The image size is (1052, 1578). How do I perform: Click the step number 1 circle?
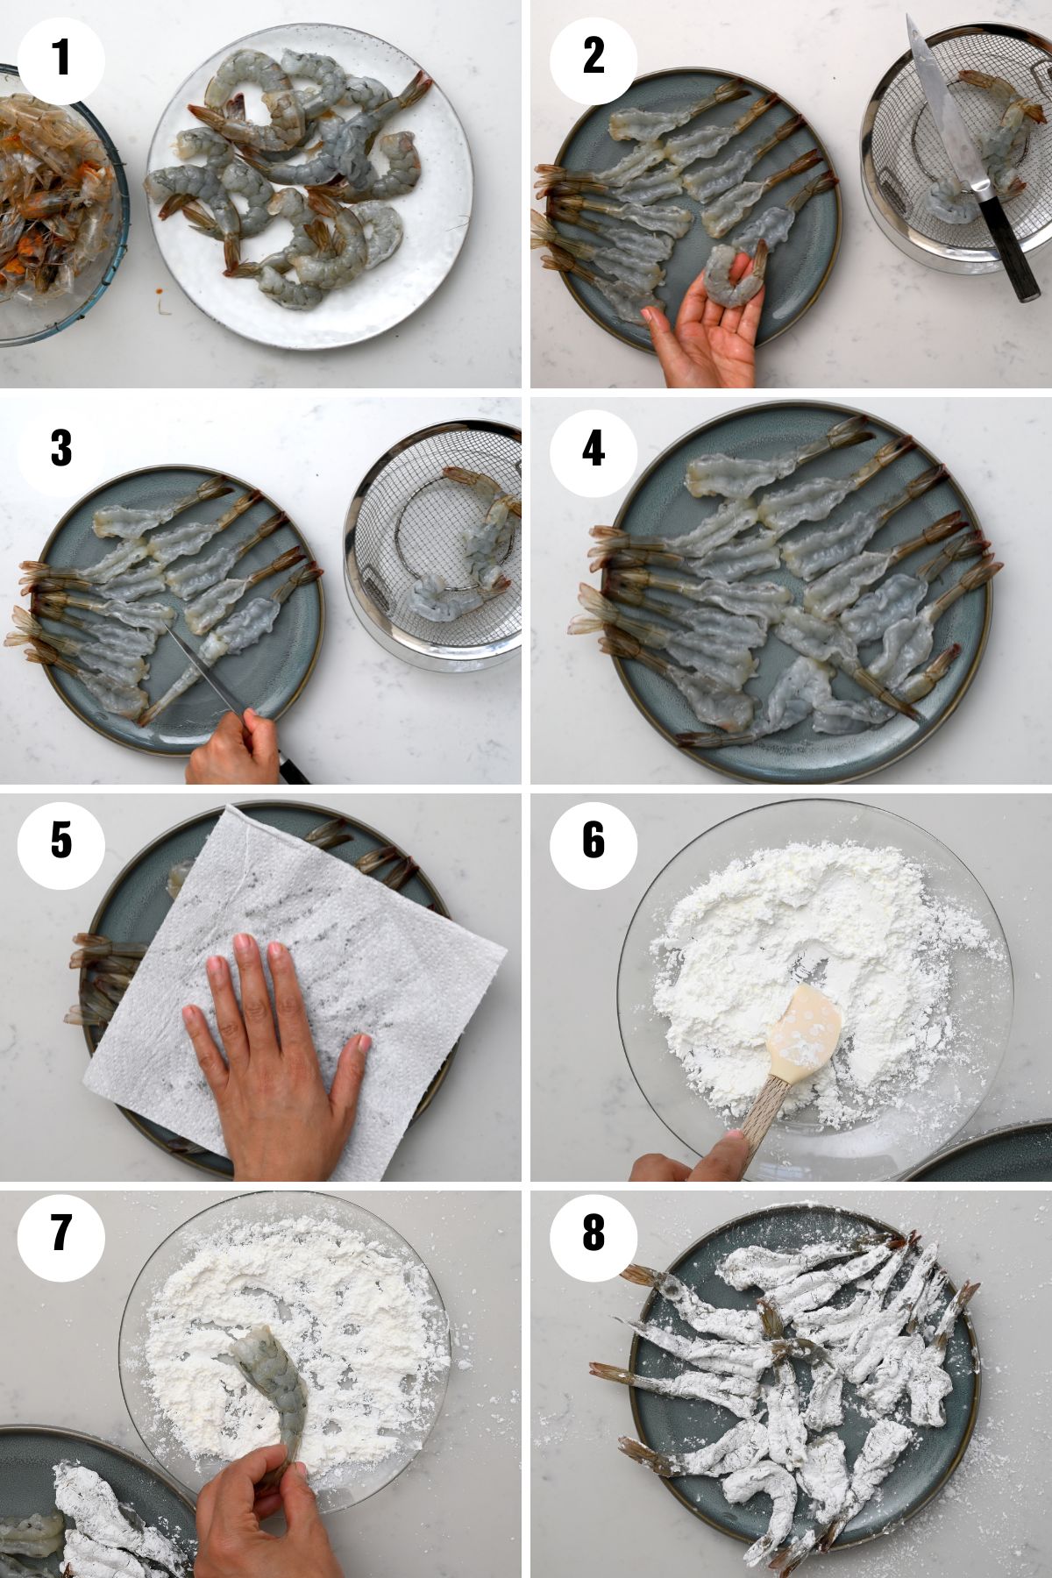pos(61,60)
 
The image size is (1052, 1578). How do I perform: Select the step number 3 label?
pos(61,449)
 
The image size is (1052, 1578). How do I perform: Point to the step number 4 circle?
pos(594,449)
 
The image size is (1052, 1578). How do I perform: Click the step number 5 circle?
pos(61,841)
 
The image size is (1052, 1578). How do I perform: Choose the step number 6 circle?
pos(594,841)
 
